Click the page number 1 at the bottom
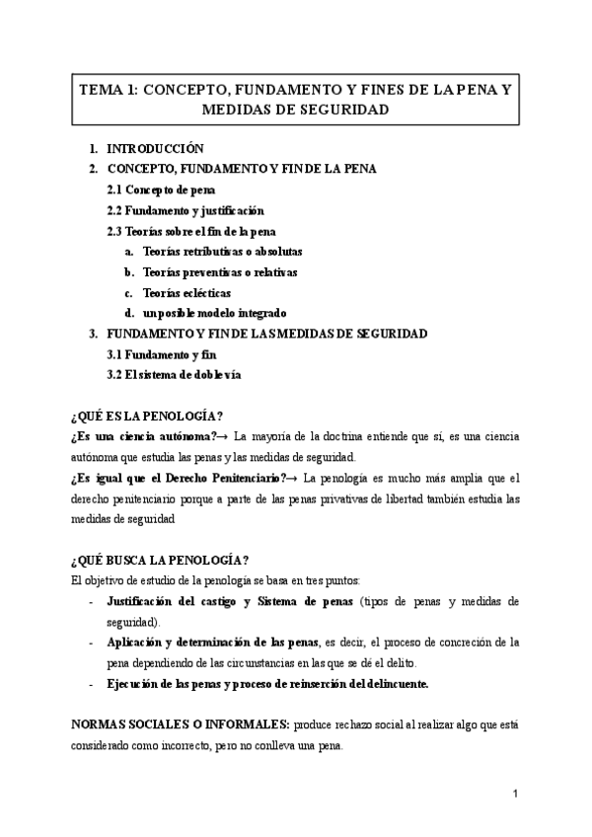515,794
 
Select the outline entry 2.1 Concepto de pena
161,190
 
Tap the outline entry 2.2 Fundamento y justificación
185,210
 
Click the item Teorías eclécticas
186,292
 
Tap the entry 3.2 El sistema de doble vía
173,375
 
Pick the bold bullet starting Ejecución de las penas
267,683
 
